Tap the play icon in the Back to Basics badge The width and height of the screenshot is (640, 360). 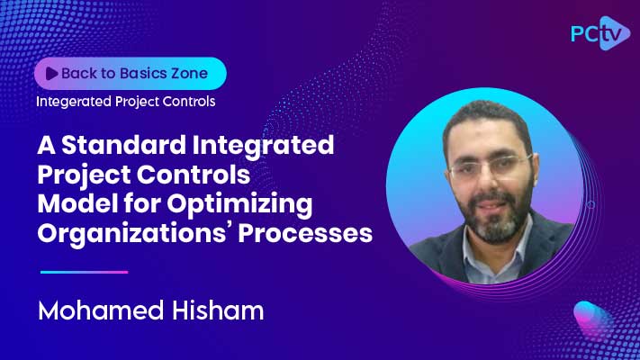pos(50,73)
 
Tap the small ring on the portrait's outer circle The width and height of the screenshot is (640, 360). pos(590,205)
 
